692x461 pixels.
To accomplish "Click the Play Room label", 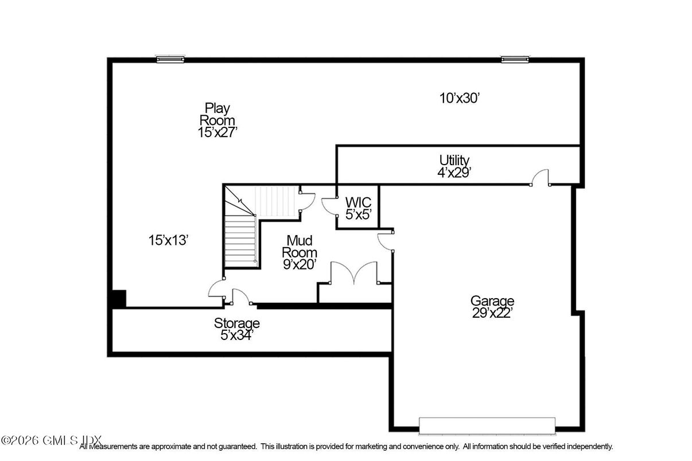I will [217, 114].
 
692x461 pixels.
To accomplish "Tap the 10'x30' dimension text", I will [459, 98].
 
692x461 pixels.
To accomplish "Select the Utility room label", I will [454, 160].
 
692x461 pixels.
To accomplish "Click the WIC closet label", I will [358, 202].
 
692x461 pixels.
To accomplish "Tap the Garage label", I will [492, 301].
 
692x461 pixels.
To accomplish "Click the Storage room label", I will [236, 323].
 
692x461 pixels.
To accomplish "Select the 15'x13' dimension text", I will [168, 241].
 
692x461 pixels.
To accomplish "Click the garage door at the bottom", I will [487, 426].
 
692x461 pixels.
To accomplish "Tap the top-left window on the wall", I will [170, 59].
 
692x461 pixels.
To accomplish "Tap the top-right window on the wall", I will [515, 59].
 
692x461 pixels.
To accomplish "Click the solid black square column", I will [118, 299].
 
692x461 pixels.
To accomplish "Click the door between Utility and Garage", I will [540, 178].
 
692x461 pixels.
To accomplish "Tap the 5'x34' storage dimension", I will [236, 335].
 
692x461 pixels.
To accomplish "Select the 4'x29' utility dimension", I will [454, 171].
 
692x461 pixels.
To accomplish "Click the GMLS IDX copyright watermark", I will [51, 440].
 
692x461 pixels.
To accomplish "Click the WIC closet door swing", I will [329, 205].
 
